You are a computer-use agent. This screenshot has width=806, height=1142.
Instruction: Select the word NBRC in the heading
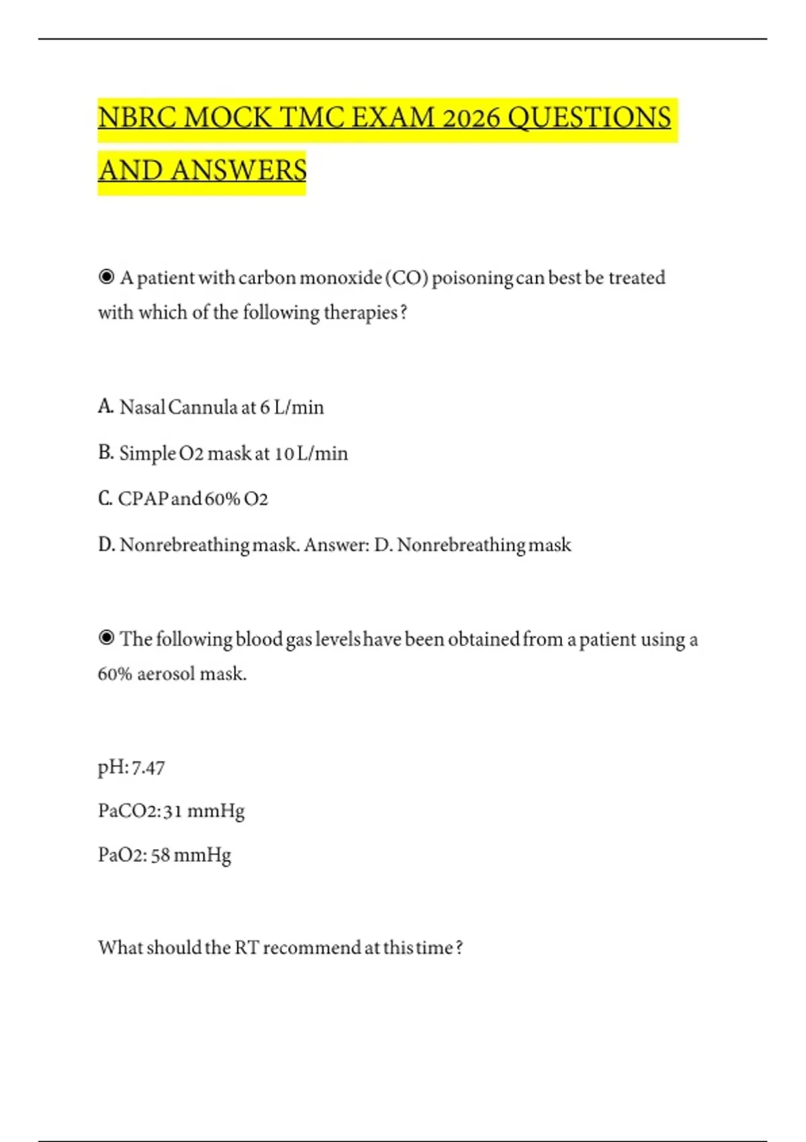[137, 118]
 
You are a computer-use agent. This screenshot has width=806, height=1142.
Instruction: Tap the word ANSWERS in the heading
[238, 171]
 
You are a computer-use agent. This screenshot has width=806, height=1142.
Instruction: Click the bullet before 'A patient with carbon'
[106, 277]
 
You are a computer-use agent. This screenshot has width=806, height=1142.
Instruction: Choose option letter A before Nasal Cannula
[105, 406]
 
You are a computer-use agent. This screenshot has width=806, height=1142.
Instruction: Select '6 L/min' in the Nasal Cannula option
[292, 407]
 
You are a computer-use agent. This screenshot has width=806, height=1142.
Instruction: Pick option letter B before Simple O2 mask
[105, 453]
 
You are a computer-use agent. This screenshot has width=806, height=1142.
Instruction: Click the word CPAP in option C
[144, 499]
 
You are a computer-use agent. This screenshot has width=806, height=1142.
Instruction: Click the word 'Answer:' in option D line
[337, 545]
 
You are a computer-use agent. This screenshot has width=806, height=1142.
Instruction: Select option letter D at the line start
[105, 545]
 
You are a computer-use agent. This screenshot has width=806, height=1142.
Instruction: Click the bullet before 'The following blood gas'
[106, 638]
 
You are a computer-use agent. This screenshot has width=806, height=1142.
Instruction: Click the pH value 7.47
[148, 768]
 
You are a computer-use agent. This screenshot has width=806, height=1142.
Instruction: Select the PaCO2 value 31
[173, 811]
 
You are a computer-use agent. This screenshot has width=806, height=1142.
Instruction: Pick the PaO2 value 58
[161, 855]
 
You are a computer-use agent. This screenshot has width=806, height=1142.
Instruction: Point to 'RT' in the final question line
[247, 948]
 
